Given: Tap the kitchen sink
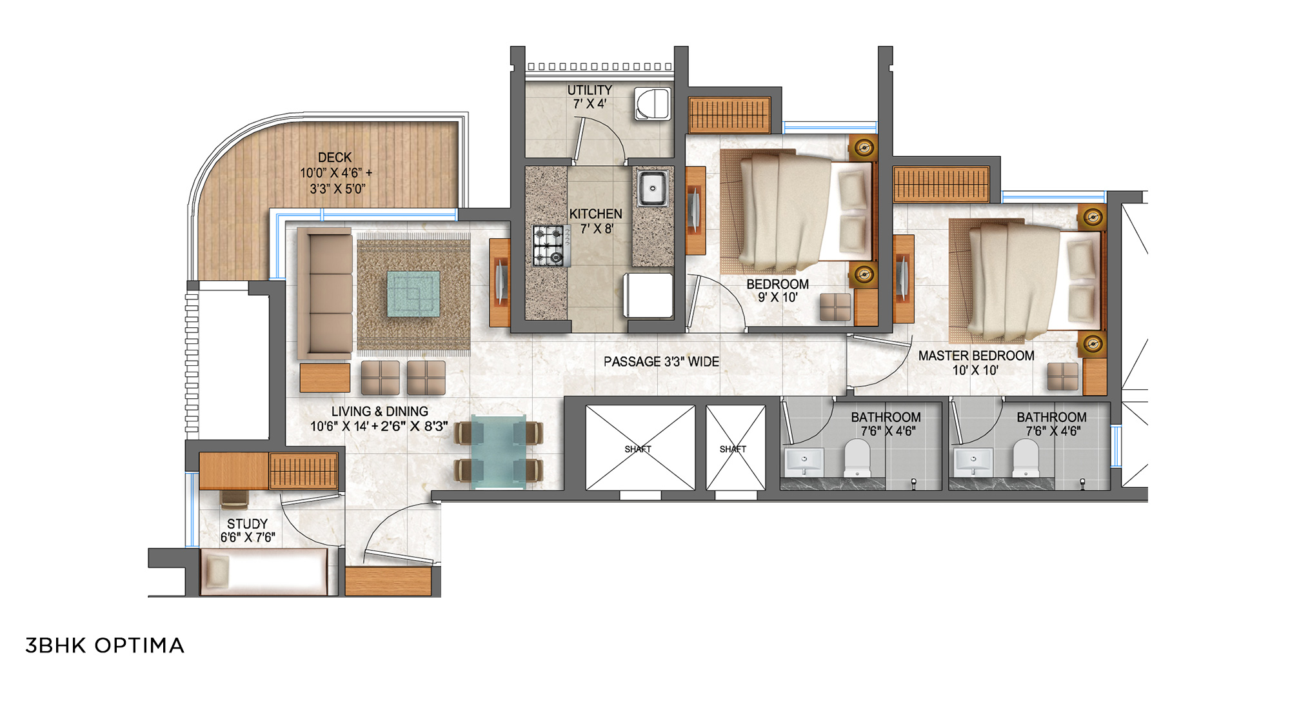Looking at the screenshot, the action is (x=653, y=188).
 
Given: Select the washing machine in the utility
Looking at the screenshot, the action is (x=653, y=104).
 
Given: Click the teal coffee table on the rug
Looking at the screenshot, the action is (x=413, y=294).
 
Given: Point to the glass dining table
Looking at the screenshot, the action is (x=499, y=451).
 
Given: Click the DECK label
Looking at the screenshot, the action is (x=335, y=157).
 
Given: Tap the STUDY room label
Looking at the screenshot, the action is (x=247, y=523).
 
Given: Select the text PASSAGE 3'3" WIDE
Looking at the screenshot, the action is (x=661, y=361).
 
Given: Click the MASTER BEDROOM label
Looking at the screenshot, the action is (x=976, y=356).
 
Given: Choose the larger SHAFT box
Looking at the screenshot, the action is (x=640, y=448).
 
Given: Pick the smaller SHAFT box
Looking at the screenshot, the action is (x=735, y=448).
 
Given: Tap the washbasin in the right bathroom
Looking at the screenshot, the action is (x=973, y=461).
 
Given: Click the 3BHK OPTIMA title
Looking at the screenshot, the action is (x=104, y=645).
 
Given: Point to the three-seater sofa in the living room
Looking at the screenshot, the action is (x=325, y=294).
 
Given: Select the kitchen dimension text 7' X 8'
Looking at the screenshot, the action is (x=597, y=228).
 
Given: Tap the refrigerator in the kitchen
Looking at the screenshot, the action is (x=648, y=296).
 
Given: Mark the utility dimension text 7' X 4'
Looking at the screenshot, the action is (x=590, y=103).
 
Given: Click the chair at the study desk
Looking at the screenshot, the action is (x=234, y=498).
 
